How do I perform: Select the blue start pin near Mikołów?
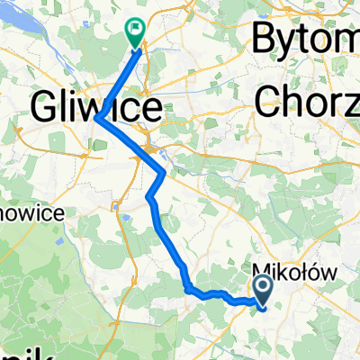(x=264, y=291)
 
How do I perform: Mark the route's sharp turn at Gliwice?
(x=97, y=119)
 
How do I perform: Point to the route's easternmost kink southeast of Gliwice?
(x=163, y=171)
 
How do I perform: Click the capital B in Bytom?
(x=266, y=40)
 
